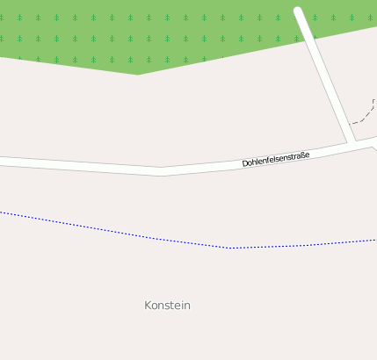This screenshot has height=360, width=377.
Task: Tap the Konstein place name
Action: click(x=167, y=306)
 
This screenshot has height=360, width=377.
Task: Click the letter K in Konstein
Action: click(x=148, y=306)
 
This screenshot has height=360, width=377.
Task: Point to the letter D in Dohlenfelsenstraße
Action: click(x=245, y=165)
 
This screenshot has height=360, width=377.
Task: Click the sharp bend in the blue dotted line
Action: click(x=228, y=248)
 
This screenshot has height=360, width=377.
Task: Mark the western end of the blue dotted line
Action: click(x=1, y=212)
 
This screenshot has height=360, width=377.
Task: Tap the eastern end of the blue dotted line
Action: click(x=375, y=240)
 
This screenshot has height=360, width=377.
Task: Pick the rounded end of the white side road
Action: click(x=299, y=11)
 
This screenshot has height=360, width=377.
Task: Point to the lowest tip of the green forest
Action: click(x=137, y=74)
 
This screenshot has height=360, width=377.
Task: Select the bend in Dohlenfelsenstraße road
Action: click(x=162, y=171)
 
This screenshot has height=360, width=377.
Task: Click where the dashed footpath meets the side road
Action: click(x=350, y=123)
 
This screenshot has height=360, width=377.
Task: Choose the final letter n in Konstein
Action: click(x=187, y=306)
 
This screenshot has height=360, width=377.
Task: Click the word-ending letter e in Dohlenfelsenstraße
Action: click(x=307, y=155)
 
